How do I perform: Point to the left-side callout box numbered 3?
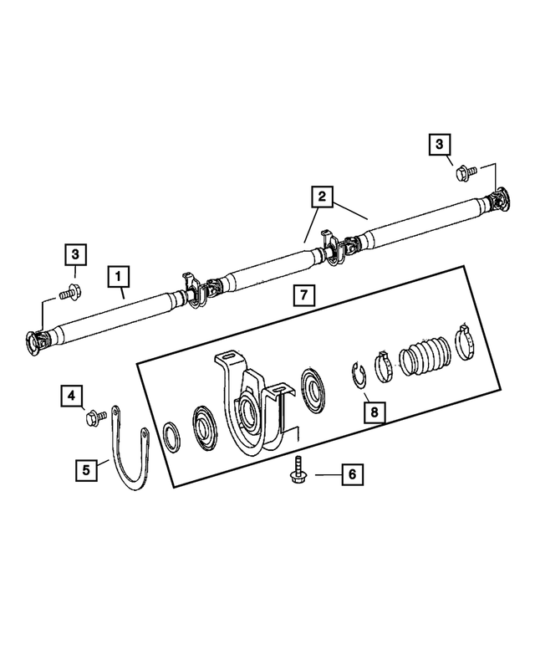(x=75, y=253)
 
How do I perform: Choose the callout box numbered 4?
(x=73, y=393)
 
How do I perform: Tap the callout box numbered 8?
(x=374, y=412)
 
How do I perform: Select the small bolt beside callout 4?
(x=94, y=415)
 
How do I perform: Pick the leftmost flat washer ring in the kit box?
(x=171, y=436)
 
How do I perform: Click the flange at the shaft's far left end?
(x=38, y=342)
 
